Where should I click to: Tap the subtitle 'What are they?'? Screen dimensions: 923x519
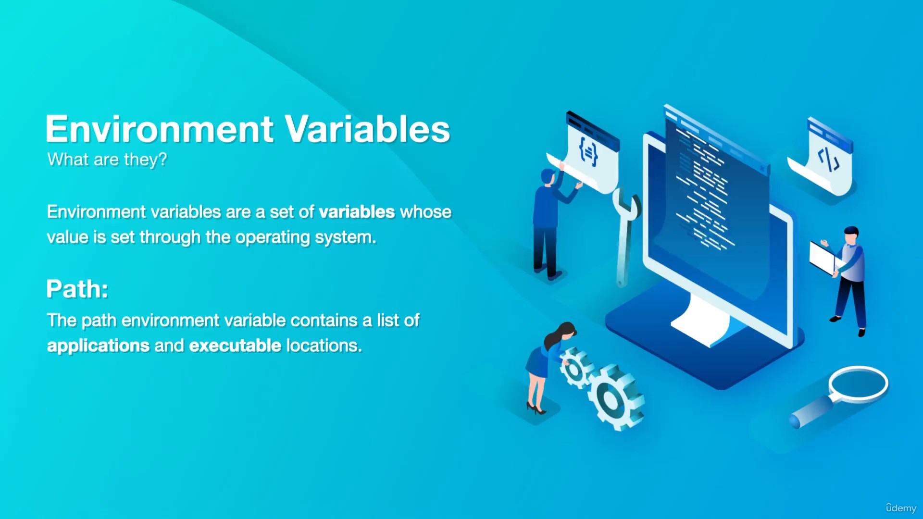click(107, 160)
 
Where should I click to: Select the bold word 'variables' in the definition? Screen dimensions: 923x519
click(357, 212)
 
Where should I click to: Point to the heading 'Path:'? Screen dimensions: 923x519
click(77, 289)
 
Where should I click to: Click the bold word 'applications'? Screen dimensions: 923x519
click(99, 346)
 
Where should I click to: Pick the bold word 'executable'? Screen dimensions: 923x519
click(235, 346)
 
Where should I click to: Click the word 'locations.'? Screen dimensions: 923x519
click(324, 346)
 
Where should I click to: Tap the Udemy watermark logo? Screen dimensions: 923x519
click(901, 508)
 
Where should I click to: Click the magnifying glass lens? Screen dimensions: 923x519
click(859, 384)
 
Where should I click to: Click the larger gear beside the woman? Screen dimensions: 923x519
click(615, 397)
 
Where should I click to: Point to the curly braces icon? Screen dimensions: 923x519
click(588, 152)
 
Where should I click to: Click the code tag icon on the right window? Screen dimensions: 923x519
click(829, 160)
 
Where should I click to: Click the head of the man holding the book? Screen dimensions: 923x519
click(851, 235)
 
